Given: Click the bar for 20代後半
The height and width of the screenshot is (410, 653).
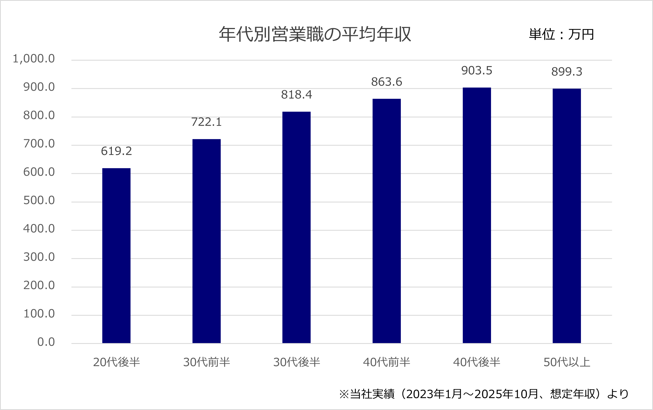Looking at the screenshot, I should click(116, 256).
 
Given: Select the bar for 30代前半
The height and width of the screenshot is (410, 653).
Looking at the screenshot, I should click(206, 241).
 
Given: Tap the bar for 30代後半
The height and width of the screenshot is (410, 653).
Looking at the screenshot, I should click(296, 227).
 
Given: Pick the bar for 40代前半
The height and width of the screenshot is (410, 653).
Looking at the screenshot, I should click(387, 221).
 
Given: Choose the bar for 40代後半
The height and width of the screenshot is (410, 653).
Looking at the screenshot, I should click(477, 215).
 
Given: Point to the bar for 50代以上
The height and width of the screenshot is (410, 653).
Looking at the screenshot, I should click(567, 216).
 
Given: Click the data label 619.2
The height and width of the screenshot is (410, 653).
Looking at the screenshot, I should click(116, 151).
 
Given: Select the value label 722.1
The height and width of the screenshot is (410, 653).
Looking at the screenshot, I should click(206, 122).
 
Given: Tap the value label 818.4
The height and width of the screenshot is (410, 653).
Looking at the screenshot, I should click(296, 95).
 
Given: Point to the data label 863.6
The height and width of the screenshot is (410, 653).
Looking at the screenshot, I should click(387, 82).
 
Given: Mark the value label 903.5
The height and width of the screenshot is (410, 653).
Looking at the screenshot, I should click(477, 71).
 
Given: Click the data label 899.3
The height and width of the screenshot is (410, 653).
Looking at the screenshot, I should click(567, 72).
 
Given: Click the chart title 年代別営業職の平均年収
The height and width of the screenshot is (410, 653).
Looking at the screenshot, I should click(315, 35).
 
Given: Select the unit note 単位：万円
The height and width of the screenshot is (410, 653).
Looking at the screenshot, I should click(561, 35).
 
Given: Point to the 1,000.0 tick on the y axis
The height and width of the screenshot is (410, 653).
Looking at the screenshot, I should click(34, 59).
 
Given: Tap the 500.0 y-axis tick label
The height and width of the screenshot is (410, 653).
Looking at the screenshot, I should click(39, 200).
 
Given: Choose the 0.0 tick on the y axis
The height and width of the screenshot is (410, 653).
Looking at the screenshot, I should click(46, 342).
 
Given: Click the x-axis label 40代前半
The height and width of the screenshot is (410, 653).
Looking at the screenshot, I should click(387, 362).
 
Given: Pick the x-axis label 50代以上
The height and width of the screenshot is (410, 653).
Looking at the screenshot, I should click(567, 362).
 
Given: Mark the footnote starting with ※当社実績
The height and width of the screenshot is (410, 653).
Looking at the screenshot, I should click(484, 394).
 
